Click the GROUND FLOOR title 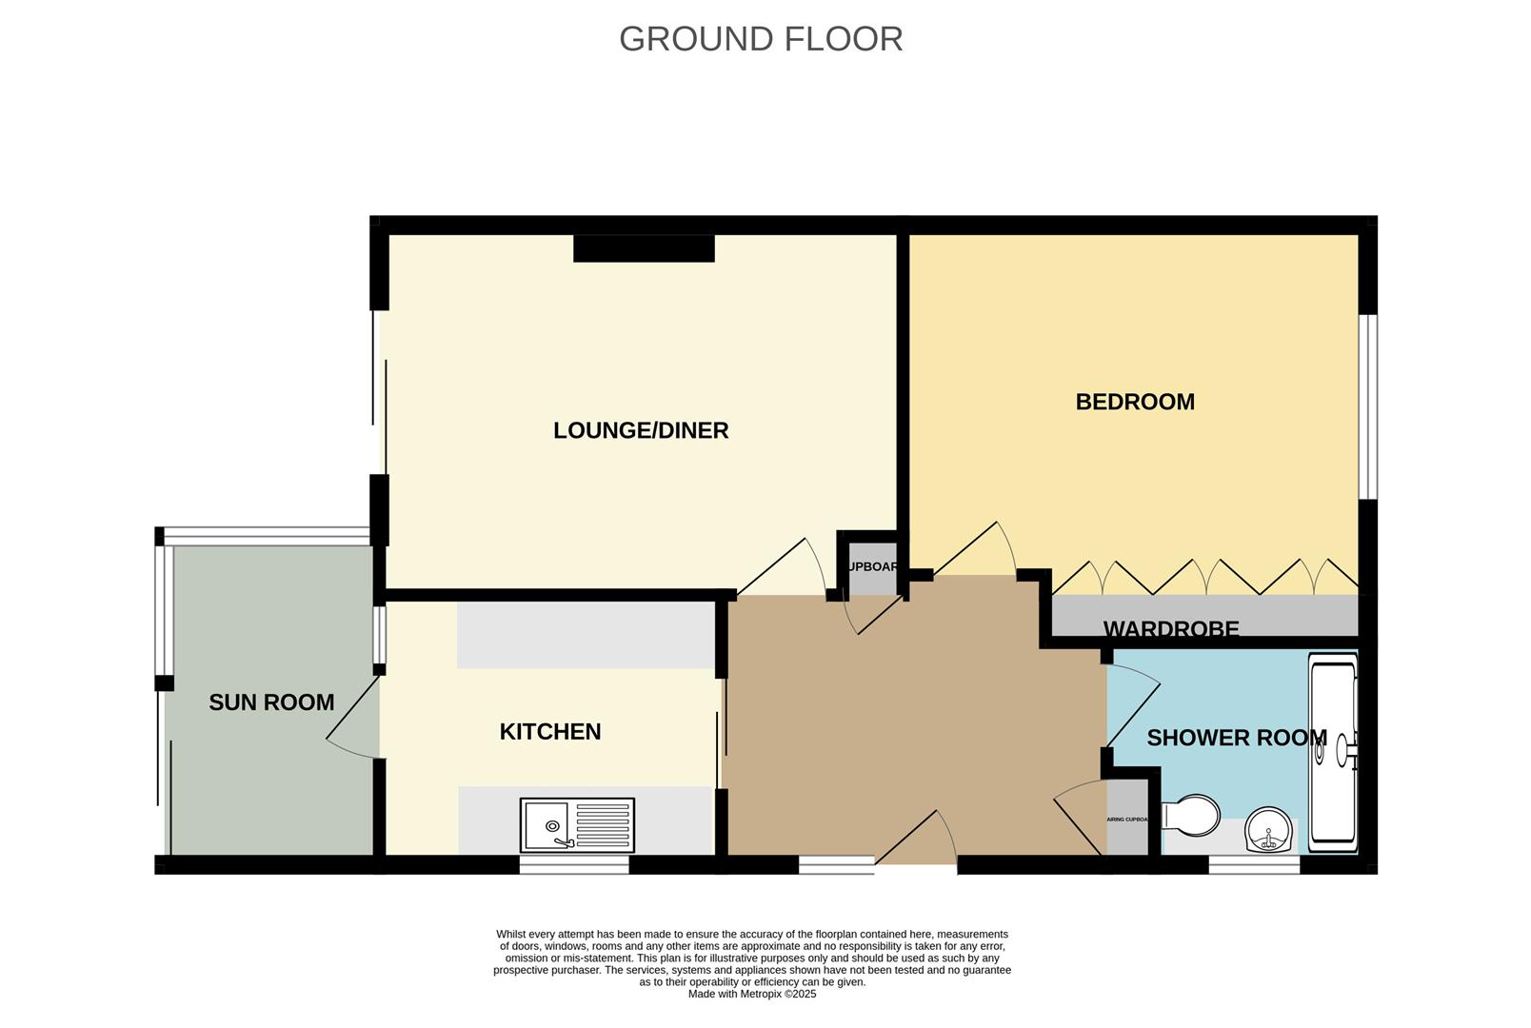(760, 39)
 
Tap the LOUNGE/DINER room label (641, 430)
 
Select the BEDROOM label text (1135, 402)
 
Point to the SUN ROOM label (271, 702)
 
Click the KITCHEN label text (550, 732)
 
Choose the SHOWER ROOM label (1236, 738)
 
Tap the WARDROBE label (1171, 629)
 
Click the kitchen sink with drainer (577, 825)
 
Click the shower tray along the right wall (1333, 752)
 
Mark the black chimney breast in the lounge (644, 248)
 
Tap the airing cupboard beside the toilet (1127, 818)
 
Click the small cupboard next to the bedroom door (872, 567)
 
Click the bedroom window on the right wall (1367, 406)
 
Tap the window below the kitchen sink (574, 865)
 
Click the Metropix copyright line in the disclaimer (752, 994)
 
